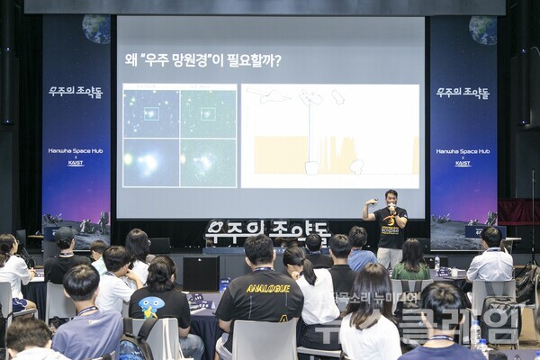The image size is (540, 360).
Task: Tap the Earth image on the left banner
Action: [95, 29]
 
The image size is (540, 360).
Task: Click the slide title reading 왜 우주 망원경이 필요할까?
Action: [202, 60]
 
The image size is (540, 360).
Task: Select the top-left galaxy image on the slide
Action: [150, 112]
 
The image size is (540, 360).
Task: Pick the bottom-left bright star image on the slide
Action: [150, 163]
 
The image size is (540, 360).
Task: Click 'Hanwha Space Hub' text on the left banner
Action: [76, 151]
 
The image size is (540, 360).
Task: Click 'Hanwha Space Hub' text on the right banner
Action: [463, 151]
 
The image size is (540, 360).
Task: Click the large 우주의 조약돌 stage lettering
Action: [267, 230]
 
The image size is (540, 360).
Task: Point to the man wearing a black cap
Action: [66, 253]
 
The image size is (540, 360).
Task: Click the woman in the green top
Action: [411, 260]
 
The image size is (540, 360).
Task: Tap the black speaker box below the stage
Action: [201, 273]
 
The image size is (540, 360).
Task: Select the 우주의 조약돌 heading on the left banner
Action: [76, 92]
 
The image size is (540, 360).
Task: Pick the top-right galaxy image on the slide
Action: [208, 112]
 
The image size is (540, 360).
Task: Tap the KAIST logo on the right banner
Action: [463, 163]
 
